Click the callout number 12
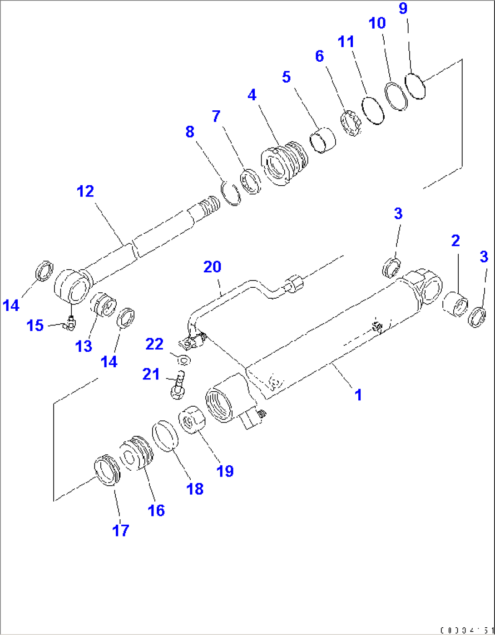[x=85, y=192]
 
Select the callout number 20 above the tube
[x=212, y=267]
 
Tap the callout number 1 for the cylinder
[x=358, y=395]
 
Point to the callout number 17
[x=121, y=530]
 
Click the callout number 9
[x=403, y=8]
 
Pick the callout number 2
[x=455, y=241]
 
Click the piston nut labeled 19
[x=192, y=420]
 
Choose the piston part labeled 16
[x=135, y=454]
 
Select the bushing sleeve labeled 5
[x=323, y=141]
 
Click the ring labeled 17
[x=107, y=470]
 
